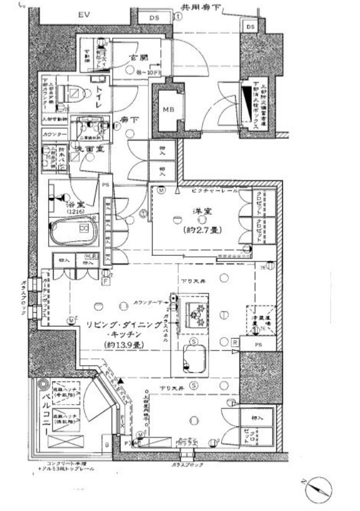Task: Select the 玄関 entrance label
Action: pyautogui.click(x=138, y=59)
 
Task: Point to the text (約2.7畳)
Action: pyautogui.click(x=200, y=230)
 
